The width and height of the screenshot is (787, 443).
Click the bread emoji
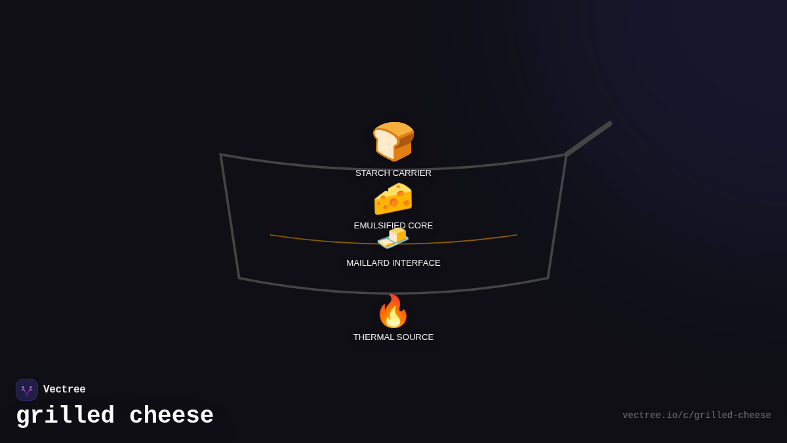393,141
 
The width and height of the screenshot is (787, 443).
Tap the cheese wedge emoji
393,199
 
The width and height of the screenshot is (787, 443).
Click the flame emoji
393,311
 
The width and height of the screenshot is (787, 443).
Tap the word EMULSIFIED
380,226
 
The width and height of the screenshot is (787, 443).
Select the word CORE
420,226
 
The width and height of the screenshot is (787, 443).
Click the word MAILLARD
368,263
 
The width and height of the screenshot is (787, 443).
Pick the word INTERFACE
416,263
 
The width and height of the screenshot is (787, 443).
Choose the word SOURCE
416,337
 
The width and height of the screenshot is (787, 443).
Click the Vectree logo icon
27,390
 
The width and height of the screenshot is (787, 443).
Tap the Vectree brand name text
64,390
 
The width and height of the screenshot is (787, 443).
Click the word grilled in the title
65,416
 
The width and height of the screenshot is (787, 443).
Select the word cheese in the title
171,416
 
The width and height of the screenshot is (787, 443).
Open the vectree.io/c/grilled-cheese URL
696,415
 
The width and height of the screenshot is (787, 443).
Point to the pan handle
588,138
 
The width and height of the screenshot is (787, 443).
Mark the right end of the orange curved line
516,235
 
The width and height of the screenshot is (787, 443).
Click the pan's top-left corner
221,155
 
